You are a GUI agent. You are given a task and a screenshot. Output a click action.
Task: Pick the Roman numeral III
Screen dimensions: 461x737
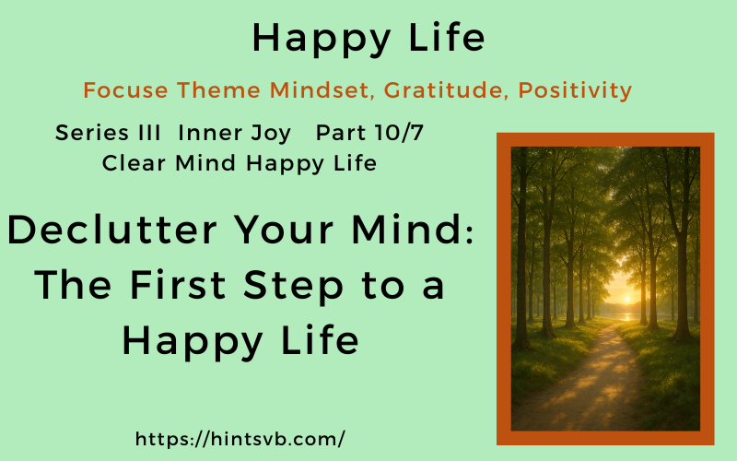coord(147,133)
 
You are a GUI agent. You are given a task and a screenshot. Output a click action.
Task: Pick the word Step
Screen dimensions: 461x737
coord(318,287)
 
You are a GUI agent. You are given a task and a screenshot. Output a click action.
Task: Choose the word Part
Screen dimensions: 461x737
coord(341,133)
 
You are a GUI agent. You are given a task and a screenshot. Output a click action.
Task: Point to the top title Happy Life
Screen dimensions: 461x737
coord(368,38)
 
